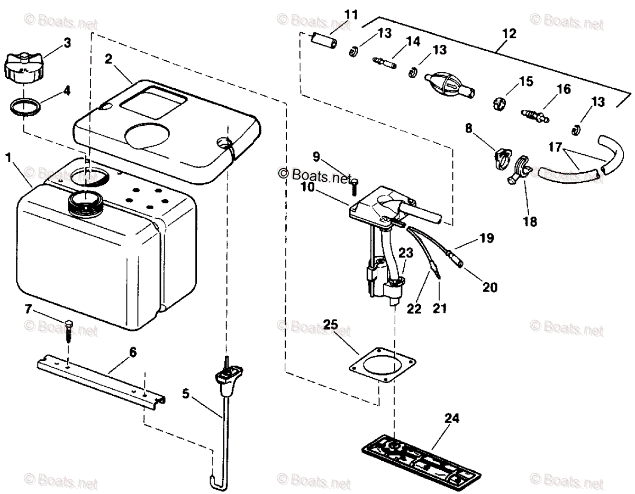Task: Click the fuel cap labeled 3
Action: [x=21, y=67]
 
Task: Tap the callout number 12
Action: [x=509, y=33]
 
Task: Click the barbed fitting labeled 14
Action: [x=384, y=63]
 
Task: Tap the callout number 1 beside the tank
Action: [x=8, y=157]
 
